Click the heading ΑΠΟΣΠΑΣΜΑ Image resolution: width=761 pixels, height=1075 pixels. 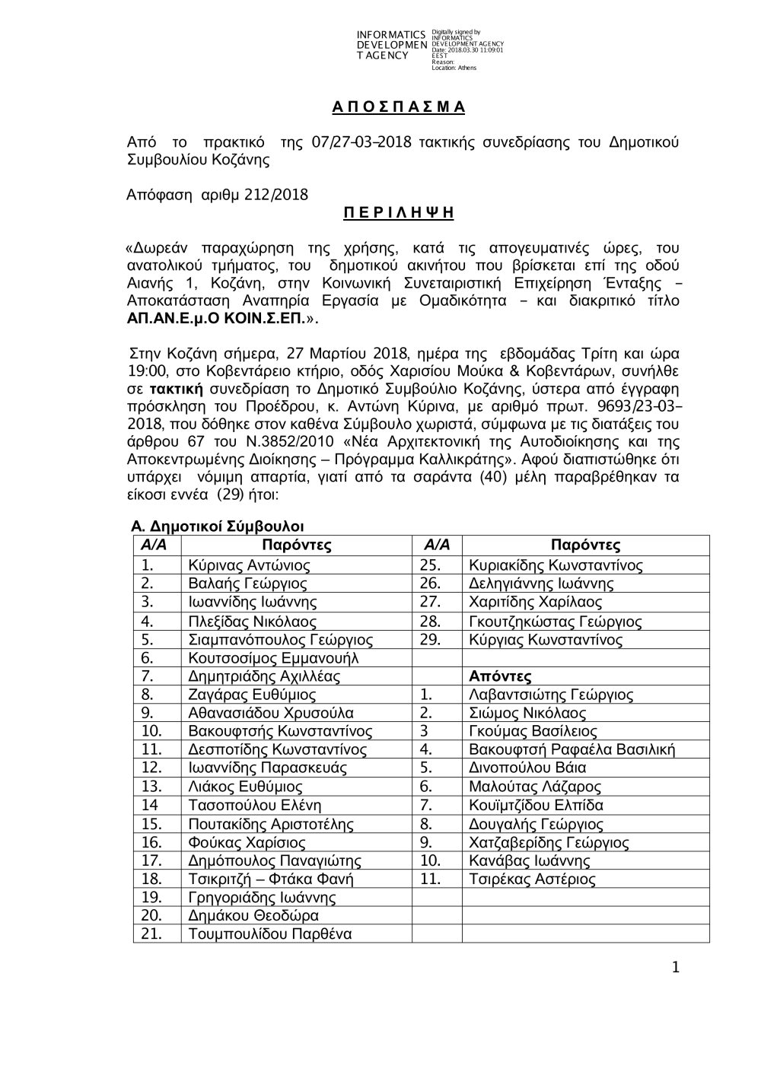[398, 107]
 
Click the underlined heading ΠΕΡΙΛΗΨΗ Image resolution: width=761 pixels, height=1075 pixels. [398, 212]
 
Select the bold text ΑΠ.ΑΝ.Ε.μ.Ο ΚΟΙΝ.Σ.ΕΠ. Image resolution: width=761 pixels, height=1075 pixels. [215, 319]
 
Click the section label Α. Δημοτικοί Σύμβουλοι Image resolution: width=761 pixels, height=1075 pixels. [217, 526]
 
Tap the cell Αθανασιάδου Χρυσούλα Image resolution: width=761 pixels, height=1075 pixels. [270, 713]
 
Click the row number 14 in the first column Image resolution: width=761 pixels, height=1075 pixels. [150, 805]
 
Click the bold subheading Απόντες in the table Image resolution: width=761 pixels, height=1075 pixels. [500, 676]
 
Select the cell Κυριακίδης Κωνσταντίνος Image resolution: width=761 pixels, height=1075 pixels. [556, 565]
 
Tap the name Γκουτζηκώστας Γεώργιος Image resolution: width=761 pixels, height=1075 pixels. [556, 621]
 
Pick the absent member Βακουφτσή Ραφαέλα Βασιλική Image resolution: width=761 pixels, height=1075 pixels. [572, 749]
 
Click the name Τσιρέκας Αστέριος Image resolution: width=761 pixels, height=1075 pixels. [532, 879]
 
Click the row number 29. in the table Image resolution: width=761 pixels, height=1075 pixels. [430, 639]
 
